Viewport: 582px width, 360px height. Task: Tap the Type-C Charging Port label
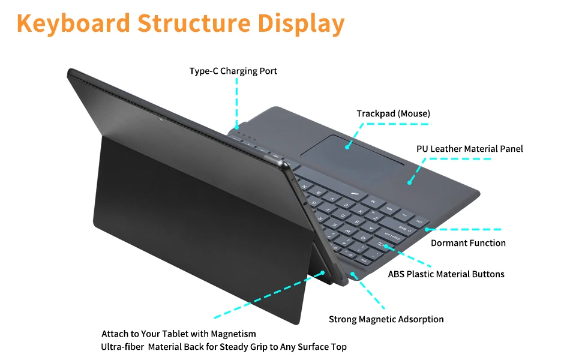pos(233,71)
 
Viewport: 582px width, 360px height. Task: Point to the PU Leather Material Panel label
pos(470,148)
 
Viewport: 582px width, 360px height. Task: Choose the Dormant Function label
pos(468,243)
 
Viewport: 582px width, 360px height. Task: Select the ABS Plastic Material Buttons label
pos(446,274)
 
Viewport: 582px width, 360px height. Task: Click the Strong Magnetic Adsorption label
pos(386,319)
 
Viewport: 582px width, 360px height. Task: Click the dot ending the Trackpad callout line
pos(347,145)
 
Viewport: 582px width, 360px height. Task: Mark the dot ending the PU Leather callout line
pos(409,181)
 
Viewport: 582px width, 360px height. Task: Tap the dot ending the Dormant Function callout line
pos(427,229)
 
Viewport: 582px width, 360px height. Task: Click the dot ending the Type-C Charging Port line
pos(238,127)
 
